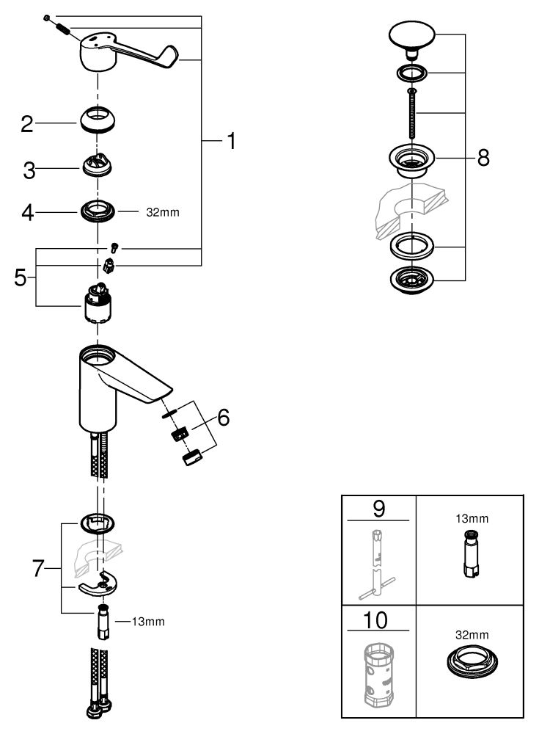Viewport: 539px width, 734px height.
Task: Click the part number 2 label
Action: click(27, 124)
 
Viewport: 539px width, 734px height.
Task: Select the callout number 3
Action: click(29, 171)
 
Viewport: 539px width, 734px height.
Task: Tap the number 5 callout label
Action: click(20, 277)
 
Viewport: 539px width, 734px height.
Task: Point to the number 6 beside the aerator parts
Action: click(223, 417)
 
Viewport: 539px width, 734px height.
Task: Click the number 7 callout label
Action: click(38, 569)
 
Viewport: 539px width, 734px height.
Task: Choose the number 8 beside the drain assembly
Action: click(483, 158)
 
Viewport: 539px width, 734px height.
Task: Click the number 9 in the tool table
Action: click(379, 509)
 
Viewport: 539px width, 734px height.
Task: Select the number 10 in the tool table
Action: click(375, 620)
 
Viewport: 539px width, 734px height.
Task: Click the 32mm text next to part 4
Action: click(163, 213)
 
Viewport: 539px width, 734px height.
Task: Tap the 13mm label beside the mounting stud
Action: click(148, 622)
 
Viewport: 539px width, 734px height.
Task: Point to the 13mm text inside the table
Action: click(472, 519)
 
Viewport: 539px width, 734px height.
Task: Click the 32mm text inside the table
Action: click(472, 635)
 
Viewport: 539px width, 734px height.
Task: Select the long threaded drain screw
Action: click(411, 112)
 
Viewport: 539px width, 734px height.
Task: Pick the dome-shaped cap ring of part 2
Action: click(98, 120)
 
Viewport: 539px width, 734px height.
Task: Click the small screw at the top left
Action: click(47, 18)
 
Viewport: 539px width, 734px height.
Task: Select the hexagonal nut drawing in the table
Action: click(472, 661)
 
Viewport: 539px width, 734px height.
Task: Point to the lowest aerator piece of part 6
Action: click(192, 457)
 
